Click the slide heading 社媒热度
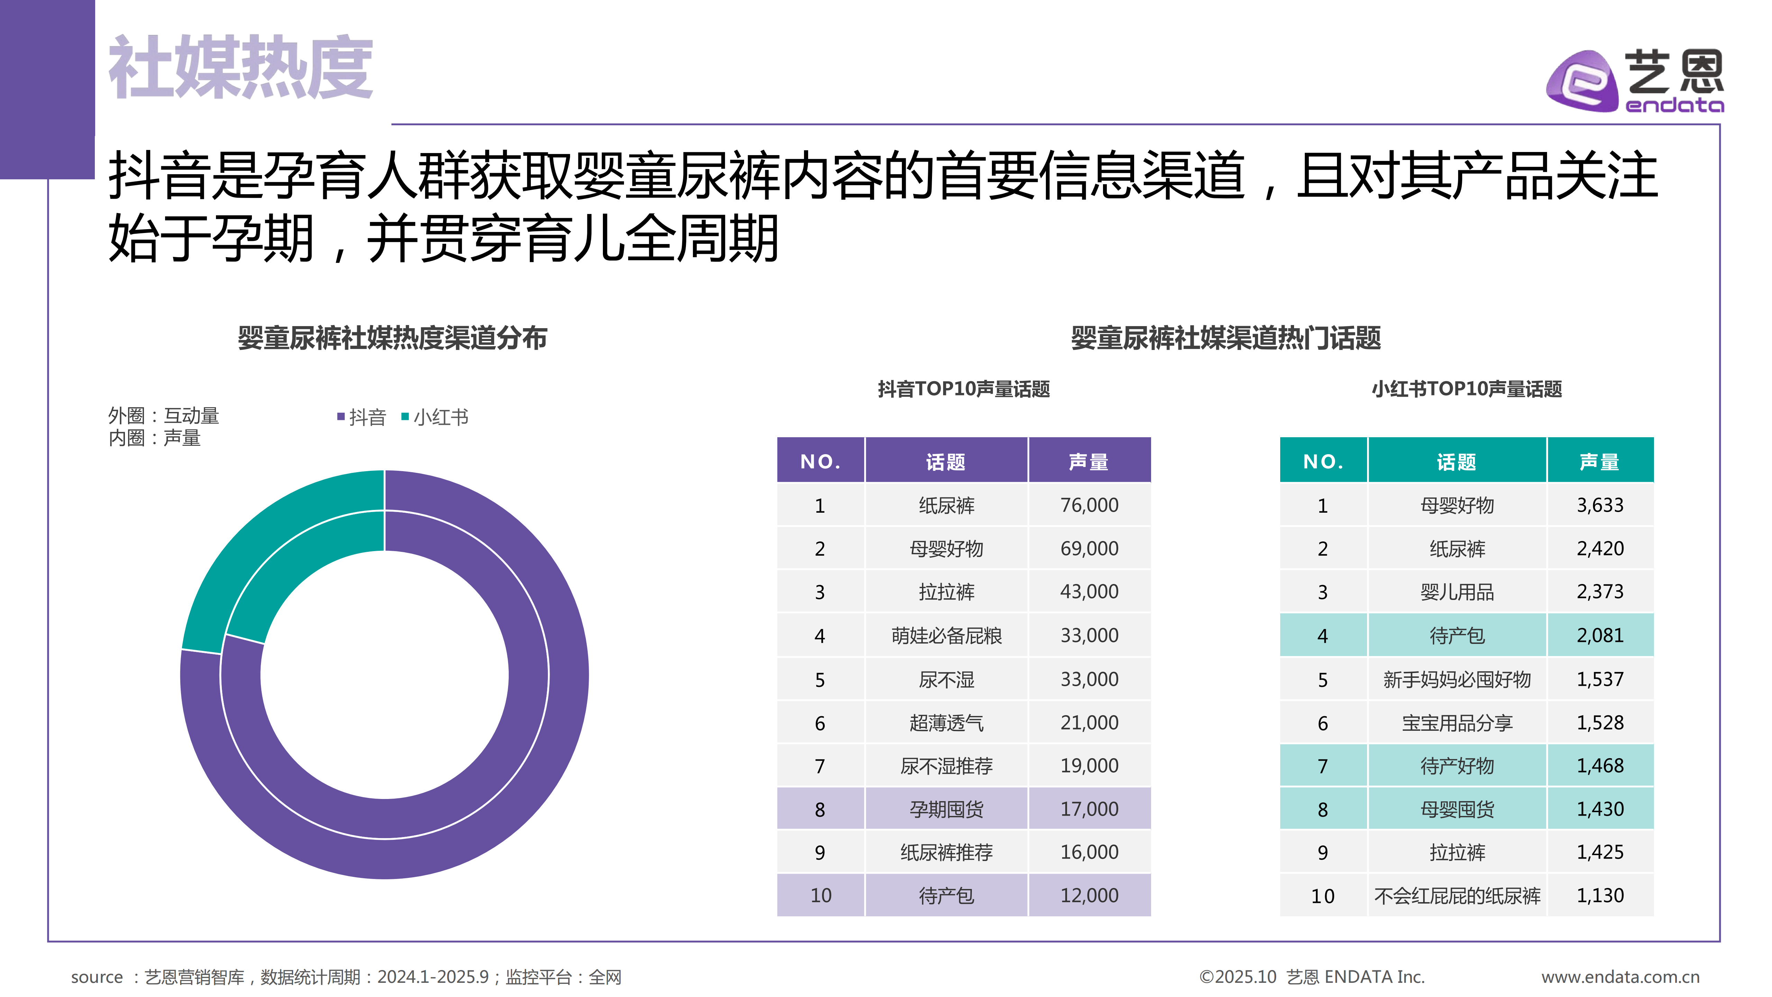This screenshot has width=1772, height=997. click(241, 68)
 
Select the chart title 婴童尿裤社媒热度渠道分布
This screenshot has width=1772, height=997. click(392, 338)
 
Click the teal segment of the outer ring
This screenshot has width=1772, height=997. click(261, 544)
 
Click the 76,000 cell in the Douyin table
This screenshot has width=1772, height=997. click(1089, 505)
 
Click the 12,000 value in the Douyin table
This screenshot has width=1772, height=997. click(1089, 895)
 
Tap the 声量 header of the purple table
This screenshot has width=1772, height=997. click(1089, 461)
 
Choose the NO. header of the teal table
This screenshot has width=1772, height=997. click(1323, 461)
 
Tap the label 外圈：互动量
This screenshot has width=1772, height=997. click(164, 415)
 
